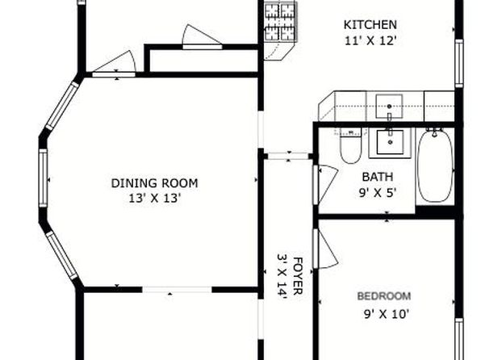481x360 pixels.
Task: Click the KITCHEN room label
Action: [x=370, y=25]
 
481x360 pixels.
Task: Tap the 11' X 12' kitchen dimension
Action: [x=371, y=41]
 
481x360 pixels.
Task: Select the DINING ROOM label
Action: [x=154, y=183]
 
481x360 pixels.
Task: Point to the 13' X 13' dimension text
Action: [x=153, y=199]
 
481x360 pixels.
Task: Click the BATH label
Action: [x=378, y=177]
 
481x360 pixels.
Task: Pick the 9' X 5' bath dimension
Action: [x=378, y=193]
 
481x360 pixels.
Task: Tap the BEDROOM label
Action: [x=384, y=296]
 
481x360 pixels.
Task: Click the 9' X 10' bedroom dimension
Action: [x=387, y=314]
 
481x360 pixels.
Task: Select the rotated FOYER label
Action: [x=298, y=276]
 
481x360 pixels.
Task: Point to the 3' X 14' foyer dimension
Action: [x=282, y=275]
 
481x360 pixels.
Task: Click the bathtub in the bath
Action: [x=435, y=166]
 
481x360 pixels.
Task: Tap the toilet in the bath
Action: [x=350, y=146]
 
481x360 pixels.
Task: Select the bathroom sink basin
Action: [x=390, y=142]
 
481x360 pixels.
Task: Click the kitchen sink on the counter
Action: [x=389, y=107]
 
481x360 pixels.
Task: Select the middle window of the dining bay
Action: [x=43, y=178]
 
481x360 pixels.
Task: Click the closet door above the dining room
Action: [x=202, y=36]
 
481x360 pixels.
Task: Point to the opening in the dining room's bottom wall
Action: [x=177, y=289]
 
